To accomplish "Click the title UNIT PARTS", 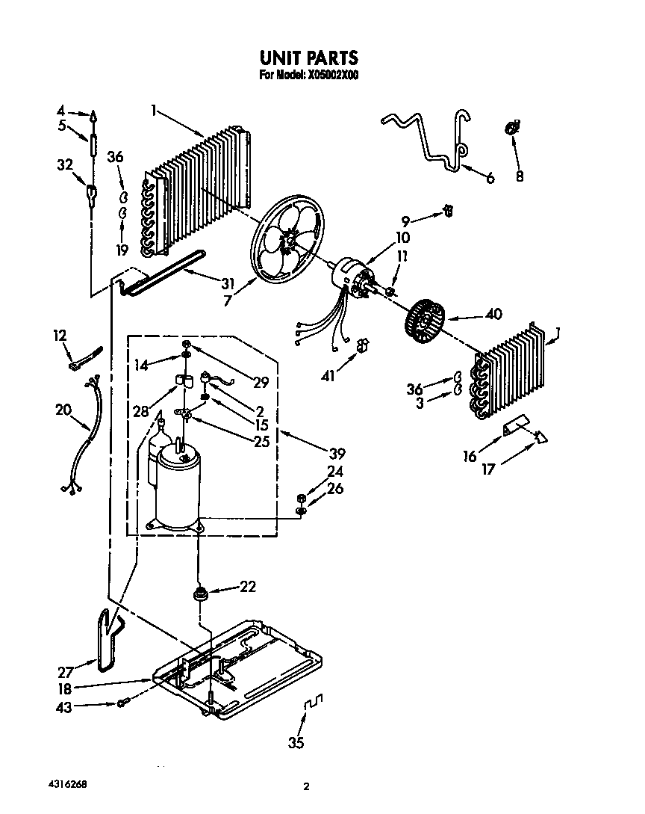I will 308,58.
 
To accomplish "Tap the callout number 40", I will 493,314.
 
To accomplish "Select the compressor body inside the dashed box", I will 178,486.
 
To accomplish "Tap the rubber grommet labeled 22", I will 200,594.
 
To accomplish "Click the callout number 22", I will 246,587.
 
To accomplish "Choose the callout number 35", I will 296,743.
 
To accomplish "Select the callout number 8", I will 519,177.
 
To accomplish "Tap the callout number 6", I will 490,178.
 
